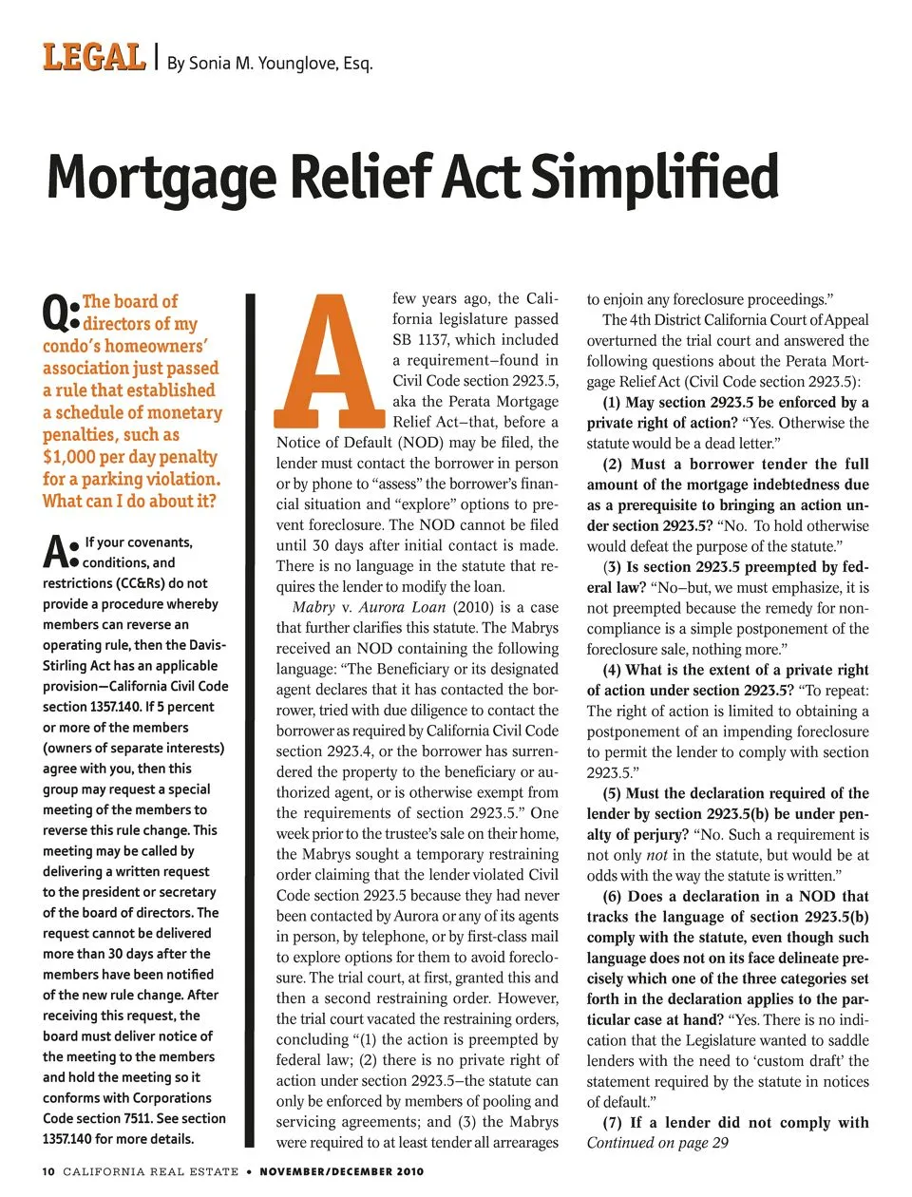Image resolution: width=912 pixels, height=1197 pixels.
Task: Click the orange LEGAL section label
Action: click(93, 58)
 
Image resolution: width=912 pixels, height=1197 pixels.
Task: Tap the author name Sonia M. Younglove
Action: click(269, 64)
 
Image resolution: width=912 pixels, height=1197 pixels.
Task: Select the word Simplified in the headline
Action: click(655, 177)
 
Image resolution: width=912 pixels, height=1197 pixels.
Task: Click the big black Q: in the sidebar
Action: click(61, 314)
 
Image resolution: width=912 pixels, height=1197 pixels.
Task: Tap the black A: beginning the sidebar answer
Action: click(61, 553)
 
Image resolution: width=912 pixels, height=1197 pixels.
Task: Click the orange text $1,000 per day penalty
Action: click(130, 457)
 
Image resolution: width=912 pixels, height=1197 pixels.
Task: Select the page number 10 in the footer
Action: click(48, 1171)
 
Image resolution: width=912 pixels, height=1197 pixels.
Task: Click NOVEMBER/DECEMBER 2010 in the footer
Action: click(342, 1171)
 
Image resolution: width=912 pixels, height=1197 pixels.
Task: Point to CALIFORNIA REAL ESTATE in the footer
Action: click(150, 1171)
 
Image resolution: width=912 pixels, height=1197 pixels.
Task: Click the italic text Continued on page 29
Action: click(657, 1143)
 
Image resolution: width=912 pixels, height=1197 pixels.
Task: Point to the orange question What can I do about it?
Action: click(129, 501)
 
